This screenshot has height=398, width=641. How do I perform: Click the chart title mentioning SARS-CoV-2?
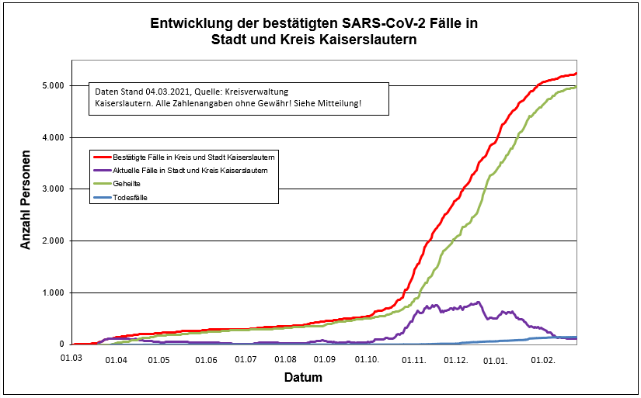pos(313,31)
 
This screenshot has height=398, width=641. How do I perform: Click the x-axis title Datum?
pos(301,378)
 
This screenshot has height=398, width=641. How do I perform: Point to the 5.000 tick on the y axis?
pos(52,85)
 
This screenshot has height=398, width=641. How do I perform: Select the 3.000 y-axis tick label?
pos(52,189)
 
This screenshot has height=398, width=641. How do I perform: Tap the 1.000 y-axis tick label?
pos(52,292)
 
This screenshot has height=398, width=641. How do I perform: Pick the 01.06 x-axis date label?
pos(206,360)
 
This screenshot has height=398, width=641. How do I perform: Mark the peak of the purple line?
pos(479,303)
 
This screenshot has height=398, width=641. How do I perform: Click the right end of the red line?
pos(576,74)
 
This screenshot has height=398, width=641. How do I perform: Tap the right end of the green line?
pos(576,88)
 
